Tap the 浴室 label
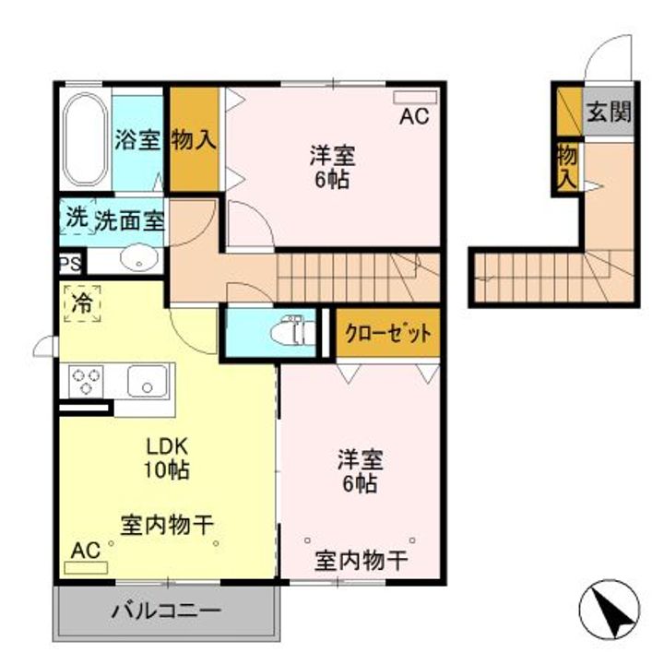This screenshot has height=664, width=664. coord(137,141)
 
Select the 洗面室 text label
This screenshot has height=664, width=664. coord(130,220)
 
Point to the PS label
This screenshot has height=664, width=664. coord(69,263)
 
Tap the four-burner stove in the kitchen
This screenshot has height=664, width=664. coord(87,380)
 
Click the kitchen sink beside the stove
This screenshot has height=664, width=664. coord(148,380)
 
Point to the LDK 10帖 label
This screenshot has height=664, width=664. coord(167,457)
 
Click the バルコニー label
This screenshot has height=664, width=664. coord(167,611)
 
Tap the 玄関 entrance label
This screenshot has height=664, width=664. coord(610,113)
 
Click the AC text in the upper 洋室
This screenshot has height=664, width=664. coord(414,117)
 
